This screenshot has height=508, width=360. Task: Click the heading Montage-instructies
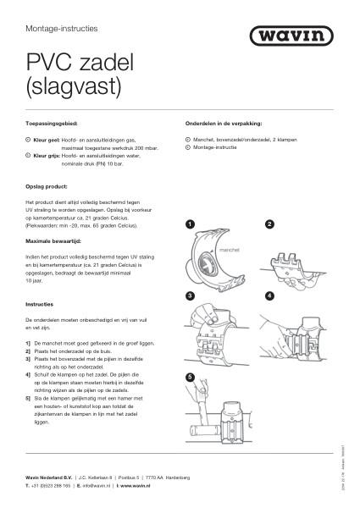[x=62, y=28]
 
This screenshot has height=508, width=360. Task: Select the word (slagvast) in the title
[x=75, y=86]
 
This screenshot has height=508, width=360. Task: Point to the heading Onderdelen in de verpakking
[x=224, y=124]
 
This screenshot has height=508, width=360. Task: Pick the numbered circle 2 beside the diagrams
[x=269, y=224]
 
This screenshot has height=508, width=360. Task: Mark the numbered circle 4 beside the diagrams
[x=269, y=296]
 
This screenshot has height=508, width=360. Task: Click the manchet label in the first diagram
[x=229, y=251]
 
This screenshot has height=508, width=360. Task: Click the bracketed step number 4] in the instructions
[x=29, y=373]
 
